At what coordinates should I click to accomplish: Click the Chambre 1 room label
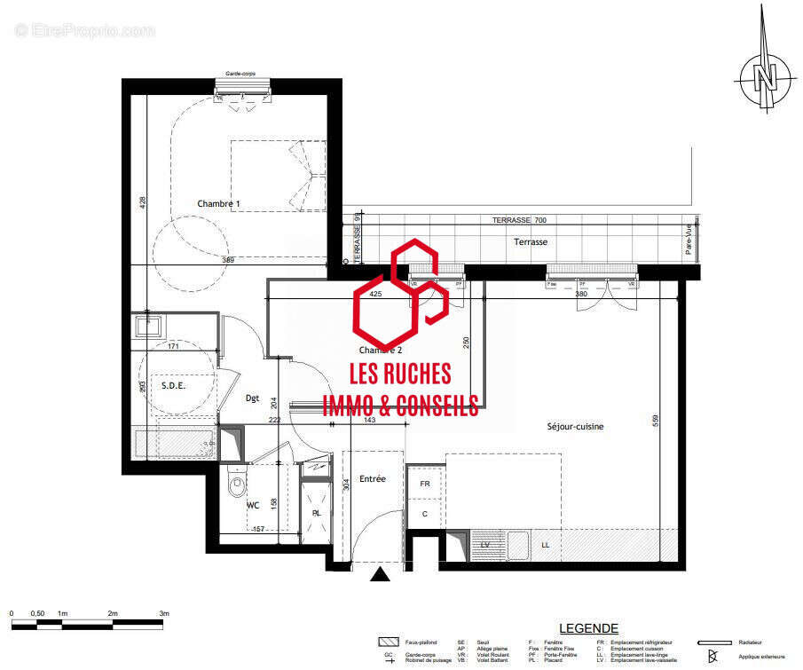(x=218, y=204)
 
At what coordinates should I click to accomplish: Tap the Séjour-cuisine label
(x=575, y=427)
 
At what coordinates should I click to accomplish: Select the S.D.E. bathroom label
(x=173, y=386)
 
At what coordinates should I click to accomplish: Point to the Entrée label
(x=372, y=479)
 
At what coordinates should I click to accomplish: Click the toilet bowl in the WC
(x=237, y=485)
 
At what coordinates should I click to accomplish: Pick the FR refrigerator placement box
(x=425, y=485)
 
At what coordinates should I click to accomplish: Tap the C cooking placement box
(x=425, y=514)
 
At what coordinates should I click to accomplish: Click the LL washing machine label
(x=545, y=544)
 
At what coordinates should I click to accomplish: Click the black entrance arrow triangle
(x=381, y=575)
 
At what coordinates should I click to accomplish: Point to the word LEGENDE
(x=588, y=628)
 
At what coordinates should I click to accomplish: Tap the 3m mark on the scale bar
(x=164, y=614)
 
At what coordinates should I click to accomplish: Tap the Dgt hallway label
(x=252, y=398)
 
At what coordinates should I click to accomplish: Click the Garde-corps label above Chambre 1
(x=241, y=75)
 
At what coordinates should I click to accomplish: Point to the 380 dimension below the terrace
(x=582, y=294)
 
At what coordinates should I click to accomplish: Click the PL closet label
(x=316, y=513)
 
